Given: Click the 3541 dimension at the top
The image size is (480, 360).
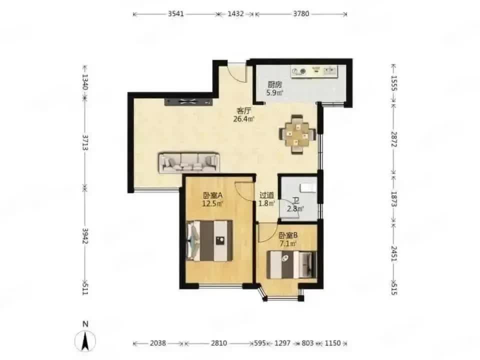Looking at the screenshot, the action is (175, 14).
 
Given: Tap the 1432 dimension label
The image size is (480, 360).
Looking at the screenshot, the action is (235, 14).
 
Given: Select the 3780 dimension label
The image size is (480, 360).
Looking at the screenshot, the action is (301, 14).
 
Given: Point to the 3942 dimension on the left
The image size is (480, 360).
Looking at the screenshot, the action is (85, 235).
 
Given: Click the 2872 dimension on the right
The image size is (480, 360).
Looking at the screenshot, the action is (394, 139).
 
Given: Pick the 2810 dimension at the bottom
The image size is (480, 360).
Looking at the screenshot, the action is (219, 343).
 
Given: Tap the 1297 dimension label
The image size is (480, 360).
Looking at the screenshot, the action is (282, 343).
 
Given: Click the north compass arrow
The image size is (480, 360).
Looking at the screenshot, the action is (85, 340).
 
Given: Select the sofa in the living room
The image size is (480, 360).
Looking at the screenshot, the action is (189, 162).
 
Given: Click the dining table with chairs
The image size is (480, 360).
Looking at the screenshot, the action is (296, 134).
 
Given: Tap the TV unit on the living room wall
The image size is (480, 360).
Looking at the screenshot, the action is (188, 102).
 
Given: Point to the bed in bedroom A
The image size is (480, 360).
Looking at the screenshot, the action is (209, 241).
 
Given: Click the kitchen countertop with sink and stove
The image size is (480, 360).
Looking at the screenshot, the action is (314, 71).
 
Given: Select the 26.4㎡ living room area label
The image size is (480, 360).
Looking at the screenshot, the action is (244, 119).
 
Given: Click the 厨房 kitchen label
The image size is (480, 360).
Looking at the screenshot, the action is (274, 84).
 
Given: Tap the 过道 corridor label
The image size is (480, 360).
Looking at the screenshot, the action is (266, 195).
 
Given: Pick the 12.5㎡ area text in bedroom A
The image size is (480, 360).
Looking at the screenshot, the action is (212, 203).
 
